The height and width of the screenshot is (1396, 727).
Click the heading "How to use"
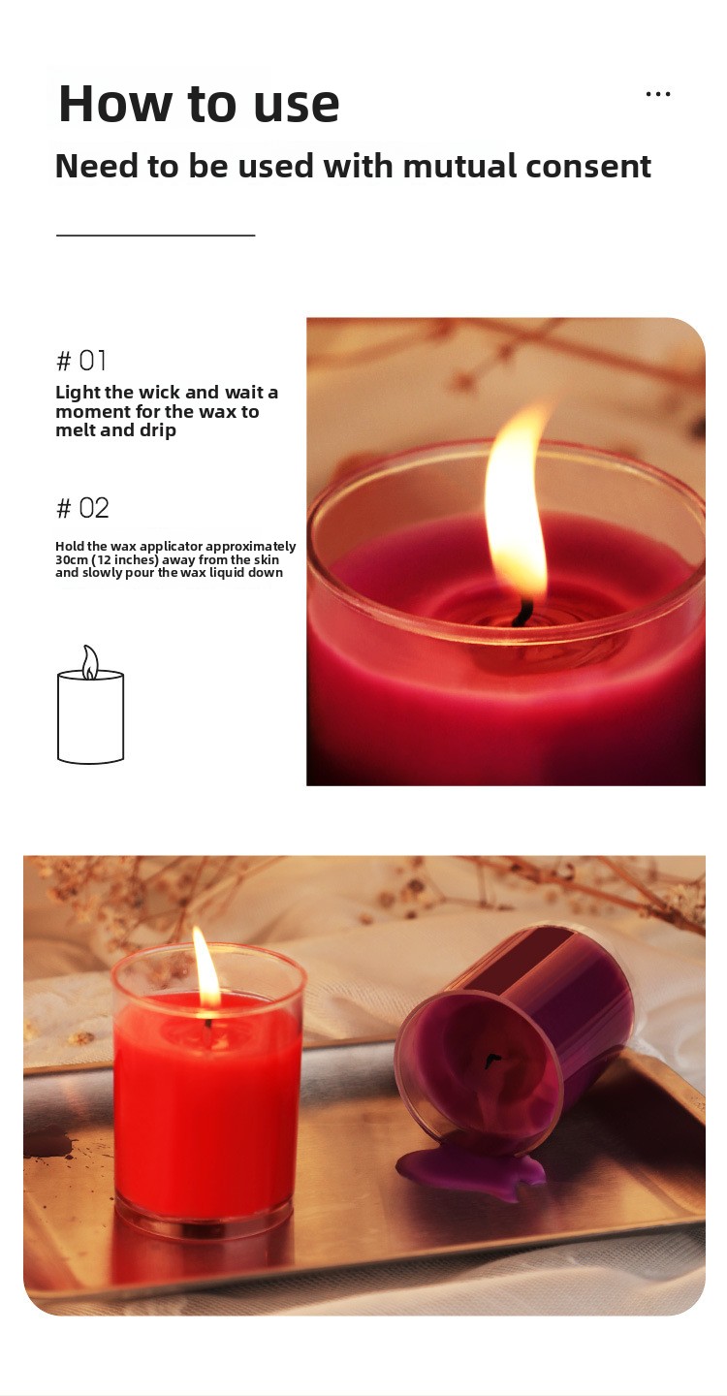pos(199,104)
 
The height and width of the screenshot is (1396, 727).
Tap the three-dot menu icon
pos(658,94)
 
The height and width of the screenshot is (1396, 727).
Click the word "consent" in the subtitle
pos(588,167)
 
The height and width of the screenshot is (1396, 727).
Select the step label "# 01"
pos(81,361)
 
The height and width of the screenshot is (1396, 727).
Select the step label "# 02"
pos(82,508)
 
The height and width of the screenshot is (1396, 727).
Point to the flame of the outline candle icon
pos(90,662)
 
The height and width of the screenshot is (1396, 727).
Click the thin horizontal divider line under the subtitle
pos(156,235)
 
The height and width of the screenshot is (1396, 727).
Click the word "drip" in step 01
pos(158,430)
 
